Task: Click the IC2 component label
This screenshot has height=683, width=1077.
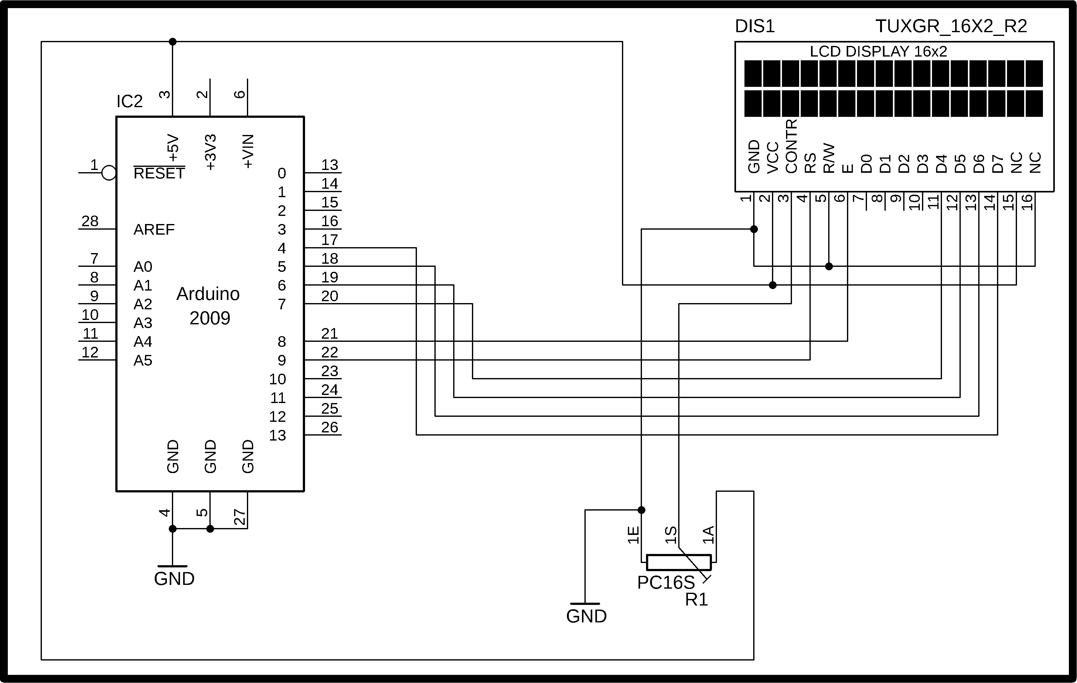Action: tap(129, 102)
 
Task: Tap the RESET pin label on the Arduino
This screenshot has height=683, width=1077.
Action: tap(159, 173)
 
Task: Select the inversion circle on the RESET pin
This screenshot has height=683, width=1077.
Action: tap(109, 173)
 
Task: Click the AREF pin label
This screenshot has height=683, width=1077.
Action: tap(154, 230)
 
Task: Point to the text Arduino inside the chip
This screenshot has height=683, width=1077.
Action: tap(208, 294)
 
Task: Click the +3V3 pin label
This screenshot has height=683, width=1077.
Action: tap(210, 152)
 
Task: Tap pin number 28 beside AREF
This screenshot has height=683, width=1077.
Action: tap(90, 221)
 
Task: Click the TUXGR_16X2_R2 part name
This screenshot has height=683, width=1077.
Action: tap(951, 27)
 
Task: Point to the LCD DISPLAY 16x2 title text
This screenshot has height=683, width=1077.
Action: tap(879, 52)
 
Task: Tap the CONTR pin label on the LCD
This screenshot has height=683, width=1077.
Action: tap(791, 146)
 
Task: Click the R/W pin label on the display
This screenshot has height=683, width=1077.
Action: tap(829, 158)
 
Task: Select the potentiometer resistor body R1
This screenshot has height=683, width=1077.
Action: tap(679, 563)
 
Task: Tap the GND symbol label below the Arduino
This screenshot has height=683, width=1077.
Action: tap(174, 579)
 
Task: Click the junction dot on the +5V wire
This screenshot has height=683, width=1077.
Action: tap(173, 42)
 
